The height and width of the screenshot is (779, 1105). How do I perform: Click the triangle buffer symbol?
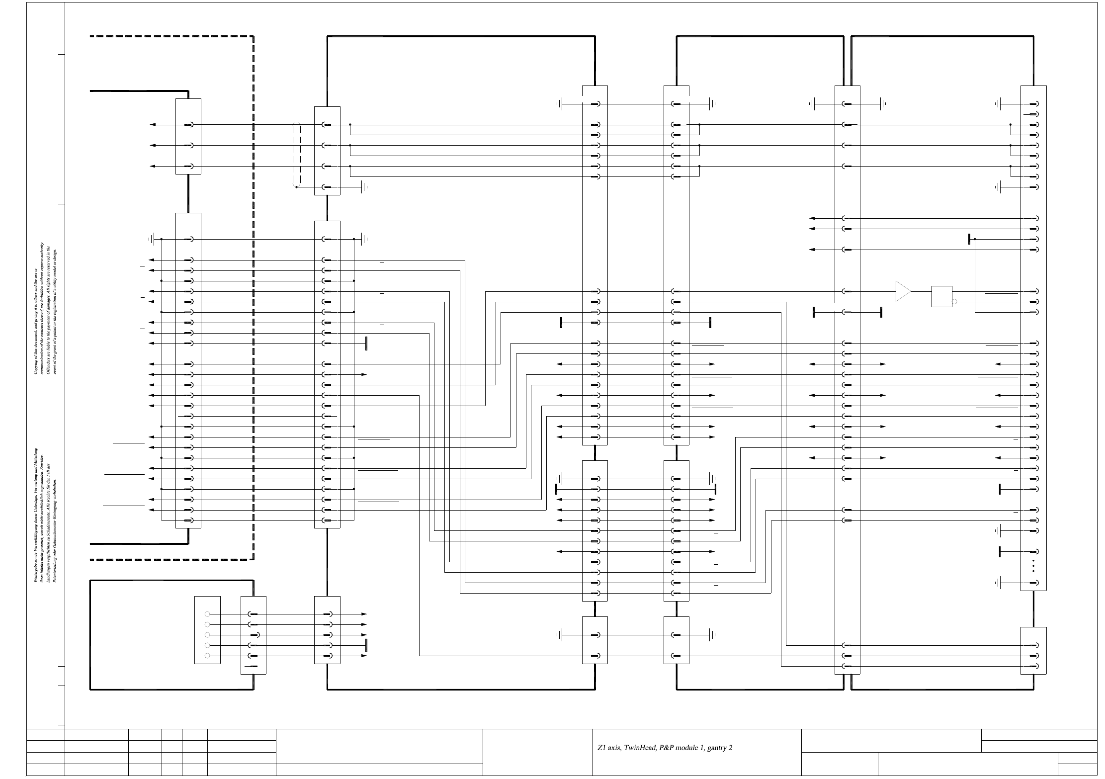pyautogui.click(x=903, y=291)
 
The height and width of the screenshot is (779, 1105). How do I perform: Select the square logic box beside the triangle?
pyautogui.click(x=942, y=296)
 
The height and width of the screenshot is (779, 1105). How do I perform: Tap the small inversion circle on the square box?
pyautogui.click(x=954, y=301)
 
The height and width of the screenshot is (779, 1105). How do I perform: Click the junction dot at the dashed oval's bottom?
pyautogui.click(x=297, y=187)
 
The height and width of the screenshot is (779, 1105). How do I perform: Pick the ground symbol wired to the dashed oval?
pyautogui.click(x=365, y=187)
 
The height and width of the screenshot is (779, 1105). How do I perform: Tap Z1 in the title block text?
pyautogui.click(x=602, y=748)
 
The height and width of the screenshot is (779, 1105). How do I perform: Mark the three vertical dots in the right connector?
pyautogui.click(x=1033, y=566)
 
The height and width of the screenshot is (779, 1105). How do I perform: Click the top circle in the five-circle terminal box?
pyautogui.click(x=207, y=614)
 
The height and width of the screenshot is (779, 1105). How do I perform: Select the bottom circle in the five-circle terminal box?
pyautogui.click(x=207, y=656)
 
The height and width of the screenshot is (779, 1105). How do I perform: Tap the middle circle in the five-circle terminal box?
pyautogui.click(x=207, y=635)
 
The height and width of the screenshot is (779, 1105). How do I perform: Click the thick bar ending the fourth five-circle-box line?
pyautogui.click(x=366, y=645)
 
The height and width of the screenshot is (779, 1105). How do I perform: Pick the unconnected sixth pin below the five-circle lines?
pyautogui.click(x=253, y=666)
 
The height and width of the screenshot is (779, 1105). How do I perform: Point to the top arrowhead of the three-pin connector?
pyautogui.click(x=153, y=124)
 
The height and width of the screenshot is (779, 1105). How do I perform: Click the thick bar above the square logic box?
pyautogui.click(x=969, y=239)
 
